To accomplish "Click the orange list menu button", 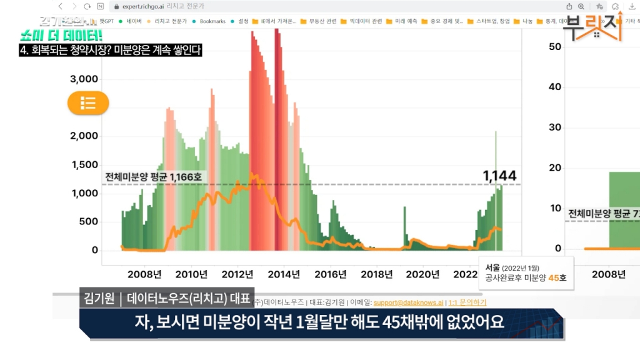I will [88, 103].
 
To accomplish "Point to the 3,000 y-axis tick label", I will [84, 79].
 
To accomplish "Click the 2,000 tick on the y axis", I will [84, 136].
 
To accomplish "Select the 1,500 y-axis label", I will [84, 164].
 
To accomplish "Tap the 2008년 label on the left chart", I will [144, 274].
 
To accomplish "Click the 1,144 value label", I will [500, 176].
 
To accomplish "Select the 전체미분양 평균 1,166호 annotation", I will [153, 177].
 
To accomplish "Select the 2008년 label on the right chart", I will [608, 274].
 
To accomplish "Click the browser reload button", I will [87, 6].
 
